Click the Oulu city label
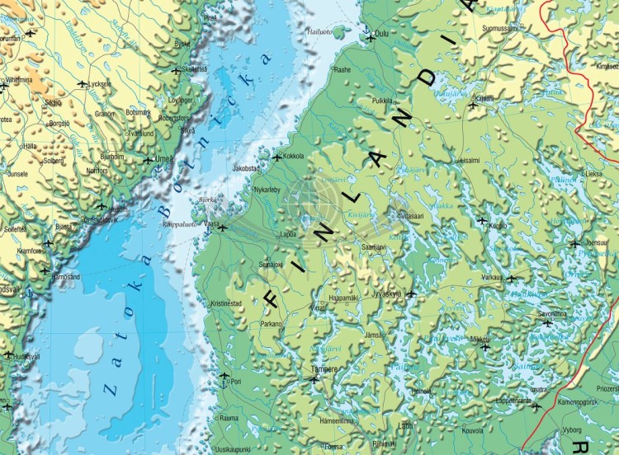tap(381, 35)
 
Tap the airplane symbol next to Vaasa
tap(221, 227)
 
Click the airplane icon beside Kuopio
tap(482, 220)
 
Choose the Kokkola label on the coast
tap(294, 155)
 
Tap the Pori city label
tap(235, 382)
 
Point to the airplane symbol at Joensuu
tap(574, 243)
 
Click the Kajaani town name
tap(484, 98)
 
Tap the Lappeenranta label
tap(512, 401)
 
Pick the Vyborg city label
tap(571, 429)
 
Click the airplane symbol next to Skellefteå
tap(175, 72)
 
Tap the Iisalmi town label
tap(469, 160)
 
